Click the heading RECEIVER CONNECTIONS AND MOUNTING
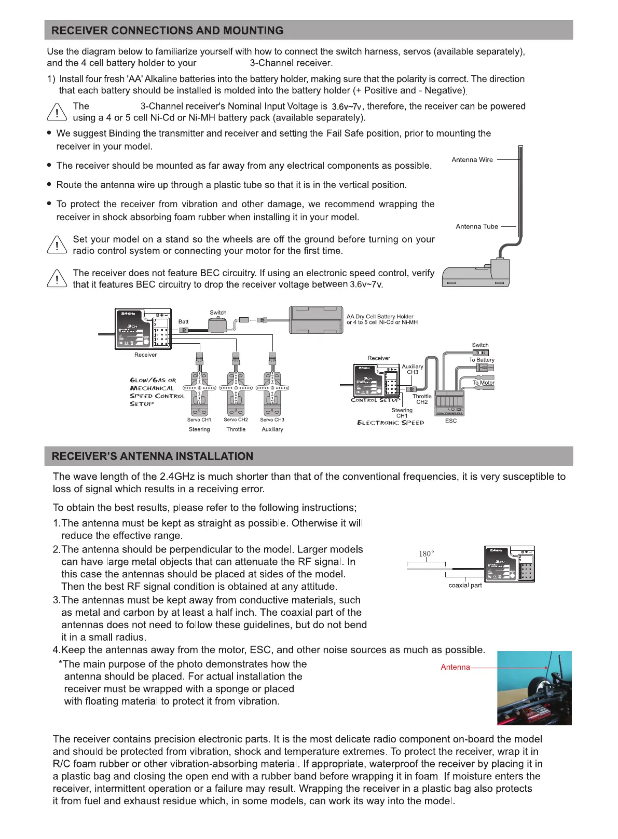[167, 31]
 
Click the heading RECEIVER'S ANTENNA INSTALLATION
[153, 456]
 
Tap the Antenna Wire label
[472, 160]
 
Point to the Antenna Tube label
[477, 227]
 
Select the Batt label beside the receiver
[184, 322]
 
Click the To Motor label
[483, 383]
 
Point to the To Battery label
[482, 360]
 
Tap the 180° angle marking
[427, 554]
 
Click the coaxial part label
[465, 585]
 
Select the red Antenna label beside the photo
[455, 667]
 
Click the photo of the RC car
[534, 688]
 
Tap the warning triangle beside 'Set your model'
[57, 245]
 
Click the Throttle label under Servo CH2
[236, 429]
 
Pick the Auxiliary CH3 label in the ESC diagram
[413, 369]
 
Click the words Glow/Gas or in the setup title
[153, 380]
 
